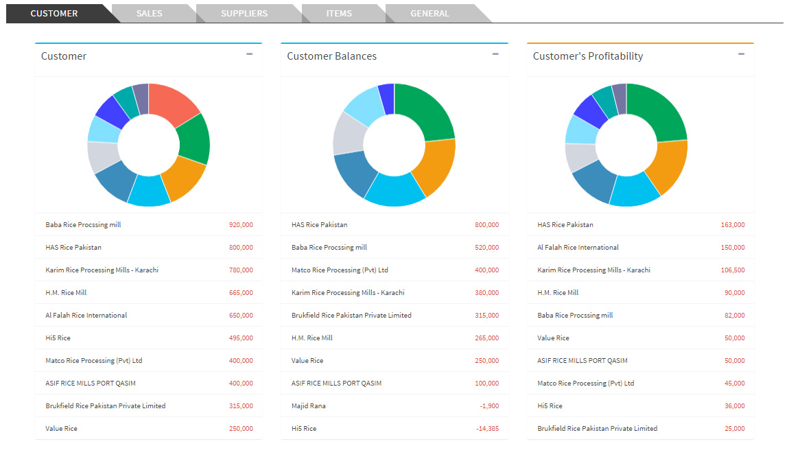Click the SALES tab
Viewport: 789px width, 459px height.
[x=150, y=14]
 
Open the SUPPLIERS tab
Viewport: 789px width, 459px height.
[x=244, y=14]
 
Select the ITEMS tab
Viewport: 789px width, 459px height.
[x=339, y=14]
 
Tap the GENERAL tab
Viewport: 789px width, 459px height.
[x=429, y=14]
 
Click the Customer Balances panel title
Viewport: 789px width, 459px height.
[x=331, y=56]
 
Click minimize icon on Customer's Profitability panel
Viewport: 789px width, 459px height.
[x=741, y=54]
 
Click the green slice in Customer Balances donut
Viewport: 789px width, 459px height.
[x=424, y=111]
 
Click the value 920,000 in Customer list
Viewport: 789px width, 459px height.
[x=241, y=225]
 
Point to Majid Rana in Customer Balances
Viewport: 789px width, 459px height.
[x=309, y=406]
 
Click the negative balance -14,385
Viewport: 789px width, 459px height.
[x=488, y=429]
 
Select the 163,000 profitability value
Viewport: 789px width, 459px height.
[x=733, y=225]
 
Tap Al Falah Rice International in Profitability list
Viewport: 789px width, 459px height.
[x=578, y=248]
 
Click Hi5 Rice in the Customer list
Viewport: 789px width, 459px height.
[x=58, y=338]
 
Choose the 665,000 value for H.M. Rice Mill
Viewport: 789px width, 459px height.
[x=241, y=293]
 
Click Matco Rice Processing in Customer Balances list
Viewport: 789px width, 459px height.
[x=340, y=270]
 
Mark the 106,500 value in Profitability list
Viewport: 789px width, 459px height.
[x=733, y=270]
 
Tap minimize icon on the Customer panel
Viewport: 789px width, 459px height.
[x=249, y=54]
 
